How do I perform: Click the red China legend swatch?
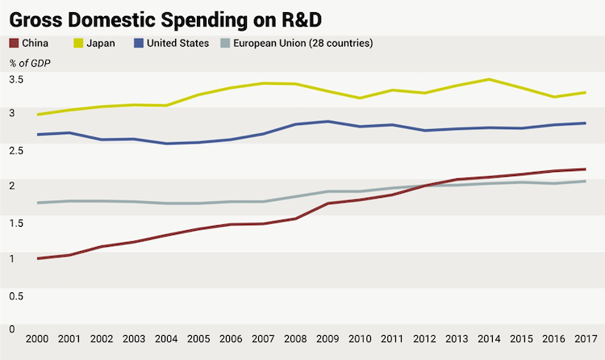click(x=14, y=43)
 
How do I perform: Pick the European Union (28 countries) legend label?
click(x=302, y=43)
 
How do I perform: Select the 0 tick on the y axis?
click(x=11, y=329)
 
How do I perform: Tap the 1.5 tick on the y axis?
click(x=15, y=222)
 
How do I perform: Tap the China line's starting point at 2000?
click(x=38, y=258)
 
